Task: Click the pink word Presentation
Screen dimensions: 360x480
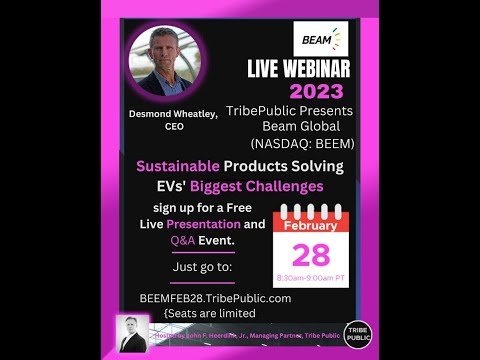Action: (205, 224)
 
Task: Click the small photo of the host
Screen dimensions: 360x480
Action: (130, 333)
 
